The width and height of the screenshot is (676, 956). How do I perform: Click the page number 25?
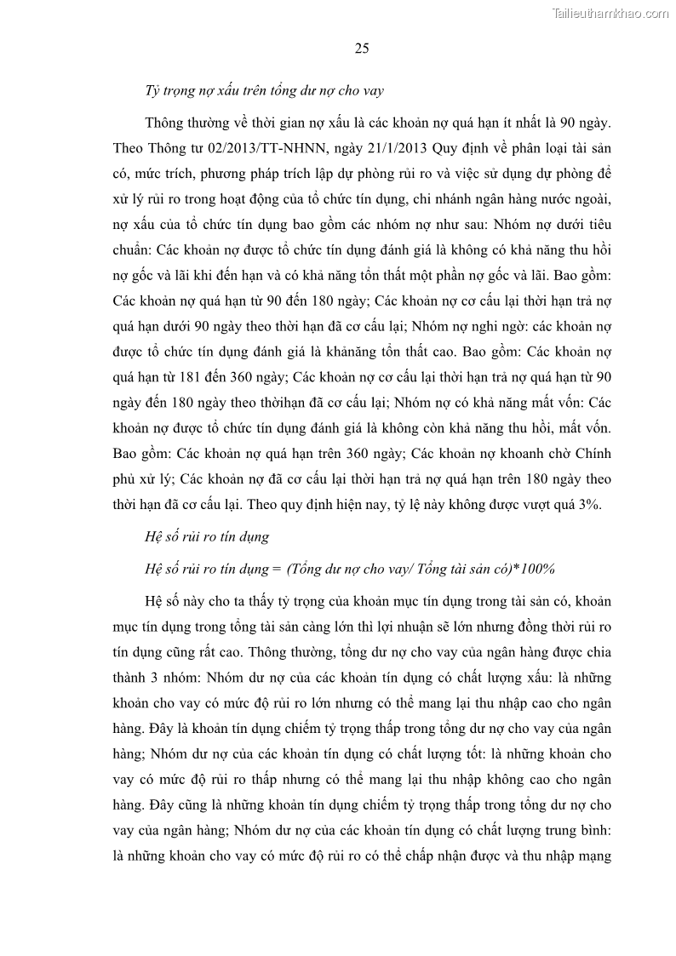click(361, 48)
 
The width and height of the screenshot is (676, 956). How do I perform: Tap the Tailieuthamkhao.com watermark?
click(610, 13)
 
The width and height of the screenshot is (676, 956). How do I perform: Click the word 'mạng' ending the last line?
click(596, 856)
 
